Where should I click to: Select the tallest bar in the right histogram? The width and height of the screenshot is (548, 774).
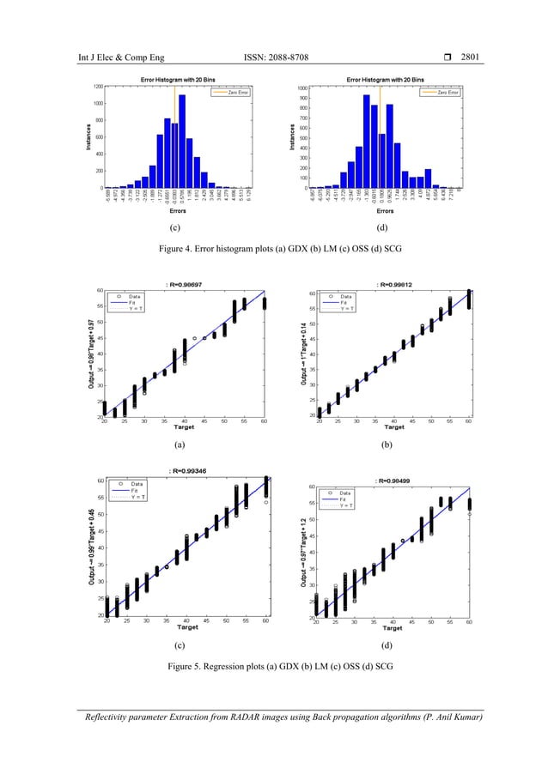[x=367, y=141]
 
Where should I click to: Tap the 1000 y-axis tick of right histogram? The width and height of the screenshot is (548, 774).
[x=302, y=88]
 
